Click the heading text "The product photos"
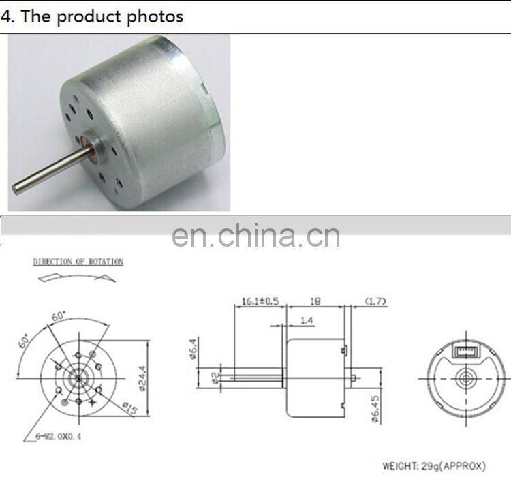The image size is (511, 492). [102, 16]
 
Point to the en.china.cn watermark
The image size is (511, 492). [255, 236]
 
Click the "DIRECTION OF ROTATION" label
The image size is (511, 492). [78, 262]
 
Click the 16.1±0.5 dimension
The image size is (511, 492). [258, 301]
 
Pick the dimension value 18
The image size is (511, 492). [315, 301]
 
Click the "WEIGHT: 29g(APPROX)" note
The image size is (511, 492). [434, 466]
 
